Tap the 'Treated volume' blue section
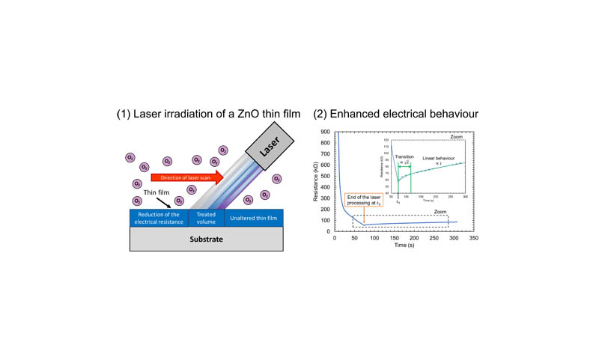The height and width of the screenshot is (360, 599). tap(205, 216)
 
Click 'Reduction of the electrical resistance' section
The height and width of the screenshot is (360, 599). tap(158, 216)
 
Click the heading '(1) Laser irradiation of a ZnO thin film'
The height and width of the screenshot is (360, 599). tap(207, 114)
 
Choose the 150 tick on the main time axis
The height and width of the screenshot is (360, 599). tap(395, 238)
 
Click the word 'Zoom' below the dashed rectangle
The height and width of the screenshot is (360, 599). tap(442, 213)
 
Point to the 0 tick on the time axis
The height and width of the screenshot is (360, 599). tap(335, 238)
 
